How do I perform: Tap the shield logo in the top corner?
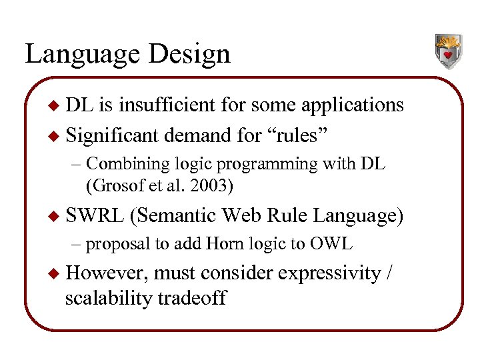[x=448, y=51]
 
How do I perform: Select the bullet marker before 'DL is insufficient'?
[x=56, y=105]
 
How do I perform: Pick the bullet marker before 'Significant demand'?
[x=56, y=135]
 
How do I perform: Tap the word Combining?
[x=127, y=163]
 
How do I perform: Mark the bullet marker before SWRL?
[x=56, y=216]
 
